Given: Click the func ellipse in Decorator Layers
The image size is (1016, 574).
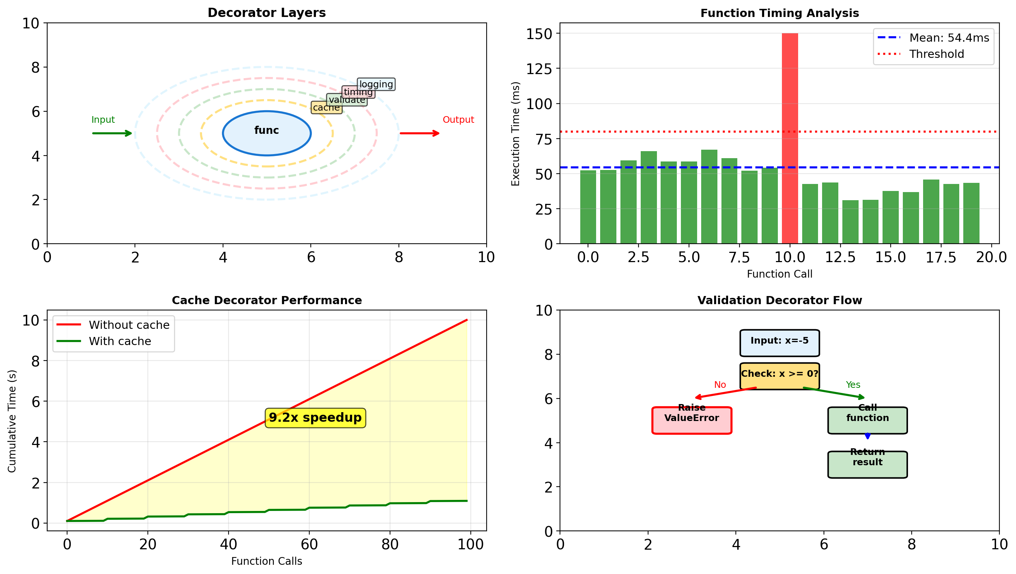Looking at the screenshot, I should (x=267, y=133).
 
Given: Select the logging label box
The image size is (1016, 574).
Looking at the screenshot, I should (x=376, y=84).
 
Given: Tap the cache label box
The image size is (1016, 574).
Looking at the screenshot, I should (x=326, y=108).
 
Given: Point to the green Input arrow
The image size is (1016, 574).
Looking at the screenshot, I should (x=112, y=133).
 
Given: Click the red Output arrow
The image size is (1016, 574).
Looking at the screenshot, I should (x=419, y=133).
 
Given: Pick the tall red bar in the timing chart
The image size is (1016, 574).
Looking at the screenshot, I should (x=790, y=138).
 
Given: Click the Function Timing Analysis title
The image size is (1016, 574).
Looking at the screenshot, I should (x=779, y=13).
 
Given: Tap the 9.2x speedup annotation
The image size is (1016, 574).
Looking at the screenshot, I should (x=315, y=417).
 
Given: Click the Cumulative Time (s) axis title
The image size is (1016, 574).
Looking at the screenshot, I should (x=12, y=421).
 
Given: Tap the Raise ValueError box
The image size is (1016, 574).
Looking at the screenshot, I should (x=692, y=420).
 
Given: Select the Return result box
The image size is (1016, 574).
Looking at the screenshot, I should (x=867, y=465).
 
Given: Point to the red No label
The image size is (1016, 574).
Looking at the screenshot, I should (x=720, y=385).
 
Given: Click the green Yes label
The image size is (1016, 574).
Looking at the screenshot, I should (x=853, y=385).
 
